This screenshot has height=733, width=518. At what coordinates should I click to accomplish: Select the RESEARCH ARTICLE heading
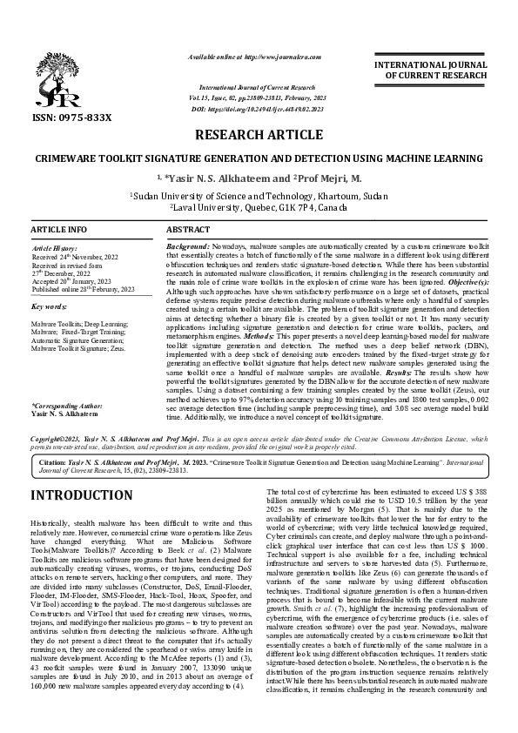(259, 137)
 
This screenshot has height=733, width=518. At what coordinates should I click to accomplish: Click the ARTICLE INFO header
(58, 228)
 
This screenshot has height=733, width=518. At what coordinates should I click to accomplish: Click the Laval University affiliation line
(259, 209)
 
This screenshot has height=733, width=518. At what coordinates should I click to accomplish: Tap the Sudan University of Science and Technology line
(259, 197)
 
